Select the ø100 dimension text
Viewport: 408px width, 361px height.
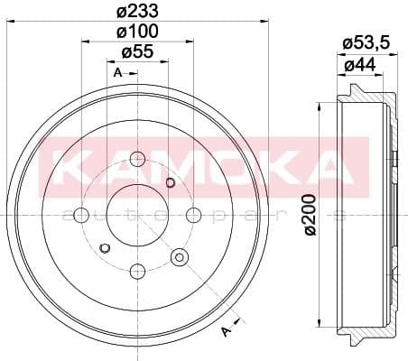tap(137, 32)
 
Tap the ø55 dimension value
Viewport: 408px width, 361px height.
tap(137, 52)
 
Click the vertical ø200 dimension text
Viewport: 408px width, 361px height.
tap(311, 216)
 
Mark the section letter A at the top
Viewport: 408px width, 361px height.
tap(118, 71)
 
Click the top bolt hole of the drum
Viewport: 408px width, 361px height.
tap(137, 161)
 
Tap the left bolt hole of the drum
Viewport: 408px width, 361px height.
tap(81, 216)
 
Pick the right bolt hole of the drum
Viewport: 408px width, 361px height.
tap(193, 216)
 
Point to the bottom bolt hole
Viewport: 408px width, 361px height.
tap(137, 271)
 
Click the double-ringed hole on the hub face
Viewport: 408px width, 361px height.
tap(179, 259)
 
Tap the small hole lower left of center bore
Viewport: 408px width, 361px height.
tap(105, 248)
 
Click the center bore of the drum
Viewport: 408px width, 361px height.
tap(137, 216)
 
